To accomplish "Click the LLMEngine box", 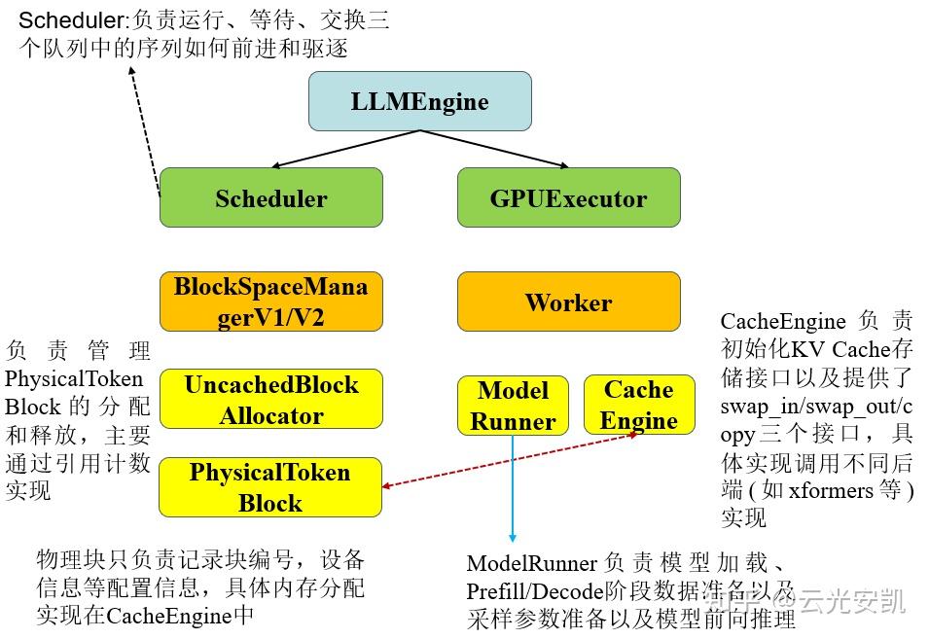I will (x=419, y=101).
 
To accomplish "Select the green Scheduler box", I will (x=270, y=198).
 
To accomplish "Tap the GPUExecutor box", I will (x=568, y=198).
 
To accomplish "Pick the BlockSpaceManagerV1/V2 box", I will (x=270, y=302).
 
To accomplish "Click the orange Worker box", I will (x=568, y=302).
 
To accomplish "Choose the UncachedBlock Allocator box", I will (x=270, y=400).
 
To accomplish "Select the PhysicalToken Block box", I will (x=270, y=487).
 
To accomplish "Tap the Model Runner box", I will (x=513, y=406).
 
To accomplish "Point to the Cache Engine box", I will (x=638, y=405).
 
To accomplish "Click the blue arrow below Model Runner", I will (x=513, y=486).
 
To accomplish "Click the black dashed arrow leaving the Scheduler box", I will (x=146, y=126).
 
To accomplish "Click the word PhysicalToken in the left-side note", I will (x=74, y=378).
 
